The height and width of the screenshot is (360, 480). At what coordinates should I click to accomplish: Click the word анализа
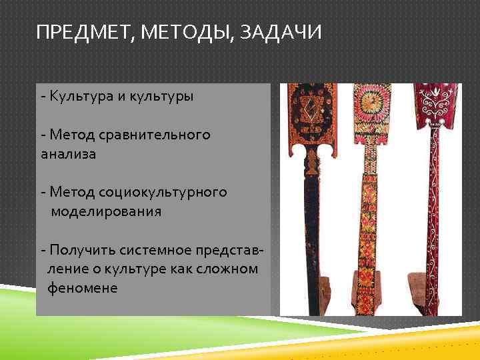[x=68, y=154]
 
